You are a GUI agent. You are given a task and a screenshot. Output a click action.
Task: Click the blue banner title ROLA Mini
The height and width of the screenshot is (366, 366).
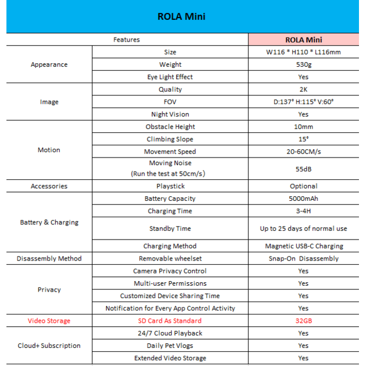point(182,16)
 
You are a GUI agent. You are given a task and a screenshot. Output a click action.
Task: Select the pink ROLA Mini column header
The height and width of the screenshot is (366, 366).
point(303,40)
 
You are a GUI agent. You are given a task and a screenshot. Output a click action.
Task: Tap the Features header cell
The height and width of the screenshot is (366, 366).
point(126,40)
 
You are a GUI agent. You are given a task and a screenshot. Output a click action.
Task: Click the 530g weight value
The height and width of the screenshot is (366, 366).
point(303,64)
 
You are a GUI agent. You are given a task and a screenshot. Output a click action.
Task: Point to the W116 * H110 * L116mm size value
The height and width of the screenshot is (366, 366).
point(303,52)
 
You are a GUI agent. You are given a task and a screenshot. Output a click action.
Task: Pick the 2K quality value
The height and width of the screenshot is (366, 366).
point(303,90)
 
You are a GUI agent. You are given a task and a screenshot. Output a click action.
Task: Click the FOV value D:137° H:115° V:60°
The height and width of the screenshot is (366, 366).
point(303,102)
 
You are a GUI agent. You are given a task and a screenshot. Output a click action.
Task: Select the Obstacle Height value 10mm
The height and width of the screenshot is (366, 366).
point(303,126)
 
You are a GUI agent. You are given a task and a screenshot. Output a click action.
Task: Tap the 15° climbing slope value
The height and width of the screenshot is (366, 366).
point(303,139)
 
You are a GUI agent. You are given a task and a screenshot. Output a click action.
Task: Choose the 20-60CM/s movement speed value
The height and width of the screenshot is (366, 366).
point(303,152)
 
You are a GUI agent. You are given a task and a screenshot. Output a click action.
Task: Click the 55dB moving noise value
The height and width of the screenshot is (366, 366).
point(303,168)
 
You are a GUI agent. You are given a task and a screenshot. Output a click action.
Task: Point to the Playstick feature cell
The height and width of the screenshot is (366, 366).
point(170,186)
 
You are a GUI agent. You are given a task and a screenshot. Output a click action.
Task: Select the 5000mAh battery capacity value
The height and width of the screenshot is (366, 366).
point(303,199)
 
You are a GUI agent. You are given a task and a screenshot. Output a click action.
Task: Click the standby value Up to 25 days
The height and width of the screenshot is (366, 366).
point(303,228)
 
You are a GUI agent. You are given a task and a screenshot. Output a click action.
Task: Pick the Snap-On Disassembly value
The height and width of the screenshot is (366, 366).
point(303,258)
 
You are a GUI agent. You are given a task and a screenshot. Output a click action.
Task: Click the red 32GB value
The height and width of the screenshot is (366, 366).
point(303,320)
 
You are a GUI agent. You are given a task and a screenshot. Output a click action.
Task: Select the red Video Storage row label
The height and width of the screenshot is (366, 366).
point(49,320)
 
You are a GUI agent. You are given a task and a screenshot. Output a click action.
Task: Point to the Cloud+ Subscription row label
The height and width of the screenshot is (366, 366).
point(49,346)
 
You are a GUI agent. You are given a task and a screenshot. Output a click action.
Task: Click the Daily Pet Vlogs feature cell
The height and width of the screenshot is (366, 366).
point(170,346)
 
